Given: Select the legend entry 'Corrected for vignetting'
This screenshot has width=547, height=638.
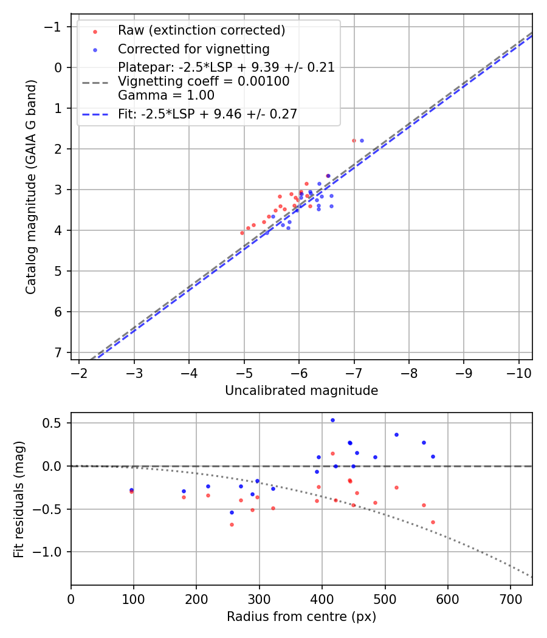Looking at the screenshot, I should [x=193, y=49].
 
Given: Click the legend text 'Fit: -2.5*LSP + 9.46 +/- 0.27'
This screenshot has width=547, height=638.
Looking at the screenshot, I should [x=207, y=114].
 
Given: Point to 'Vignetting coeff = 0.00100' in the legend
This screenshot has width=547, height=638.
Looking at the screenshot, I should [x=204, y=81].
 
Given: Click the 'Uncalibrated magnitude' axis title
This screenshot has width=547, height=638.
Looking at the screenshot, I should [x=301, y=391].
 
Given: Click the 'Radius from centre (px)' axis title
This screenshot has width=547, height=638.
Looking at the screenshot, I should [x=301, y=617].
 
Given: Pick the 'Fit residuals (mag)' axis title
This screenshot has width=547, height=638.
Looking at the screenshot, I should [x=19, y=499].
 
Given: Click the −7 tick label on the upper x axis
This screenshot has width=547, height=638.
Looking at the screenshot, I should [x=354, y=371].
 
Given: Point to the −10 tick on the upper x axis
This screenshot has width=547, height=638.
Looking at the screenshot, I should [x=518, y=371].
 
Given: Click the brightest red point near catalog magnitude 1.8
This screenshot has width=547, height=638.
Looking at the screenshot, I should [x=354, y=140].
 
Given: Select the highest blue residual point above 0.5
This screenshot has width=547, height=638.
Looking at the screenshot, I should [x=332, y=420].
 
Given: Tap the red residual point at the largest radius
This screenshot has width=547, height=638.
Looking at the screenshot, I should [x=433, y=522].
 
